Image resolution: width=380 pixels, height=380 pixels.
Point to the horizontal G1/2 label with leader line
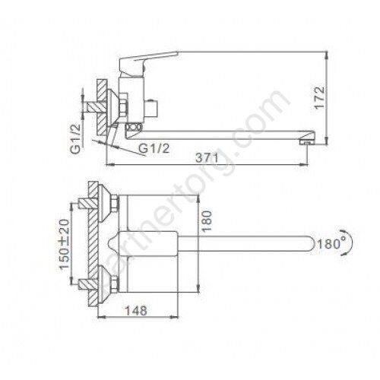point(154,148)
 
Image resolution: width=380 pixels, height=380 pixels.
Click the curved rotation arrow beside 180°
point(350,243)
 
